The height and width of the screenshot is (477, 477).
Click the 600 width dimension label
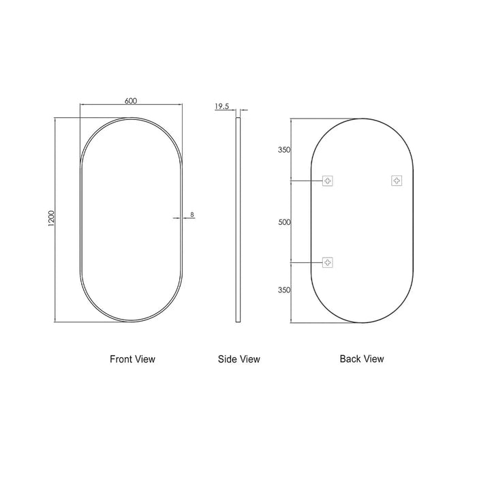131,101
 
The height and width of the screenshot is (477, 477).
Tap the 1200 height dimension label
51,219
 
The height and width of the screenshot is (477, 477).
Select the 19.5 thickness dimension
221,106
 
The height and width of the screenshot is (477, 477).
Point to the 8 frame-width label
192,215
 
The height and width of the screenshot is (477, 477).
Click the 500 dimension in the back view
284,222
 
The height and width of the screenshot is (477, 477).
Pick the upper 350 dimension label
284,150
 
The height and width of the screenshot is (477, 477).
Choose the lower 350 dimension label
284,290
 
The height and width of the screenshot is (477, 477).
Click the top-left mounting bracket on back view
328,181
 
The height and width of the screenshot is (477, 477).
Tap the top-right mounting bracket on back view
397,181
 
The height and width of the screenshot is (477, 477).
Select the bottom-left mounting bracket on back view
328,262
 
